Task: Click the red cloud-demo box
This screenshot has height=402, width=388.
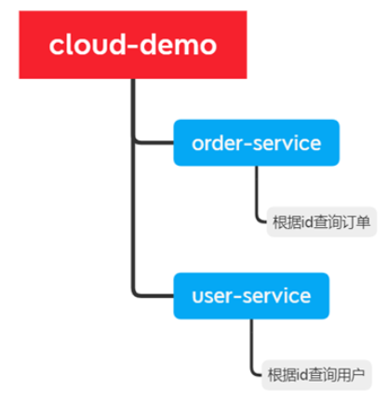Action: pyautogui.click(x=133, y=45)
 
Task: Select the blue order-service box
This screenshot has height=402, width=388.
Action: pyautogui.click(x=256, y=142)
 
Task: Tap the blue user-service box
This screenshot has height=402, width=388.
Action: pyautogui.click(x=251, y=296)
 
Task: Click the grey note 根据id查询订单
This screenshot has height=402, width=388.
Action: pyautogui.click(x=322, y=222)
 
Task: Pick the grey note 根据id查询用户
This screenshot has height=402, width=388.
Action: pyautogui.click(x=316, y=375)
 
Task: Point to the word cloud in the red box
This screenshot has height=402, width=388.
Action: pyautogui.click(x=85, y=45)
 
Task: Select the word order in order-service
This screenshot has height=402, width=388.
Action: pyautogui.click(x=217, y=143)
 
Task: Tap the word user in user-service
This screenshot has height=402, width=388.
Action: pyautogui.click(x=212, y=296)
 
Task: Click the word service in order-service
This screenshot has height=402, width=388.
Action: pyautogui.click(x=287, y=143)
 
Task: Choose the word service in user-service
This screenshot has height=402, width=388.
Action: pyautogui.click(x=276, y=296)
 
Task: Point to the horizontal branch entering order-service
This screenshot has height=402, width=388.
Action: pyautogui.click(x=154, y=142)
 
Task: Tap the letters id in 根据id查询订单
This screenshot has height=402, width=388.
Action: pyautogui.click(x=306, y=222)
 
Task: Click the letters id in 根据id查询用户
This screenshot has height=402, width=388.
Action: pyautogui.click(x=301, y=375)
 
